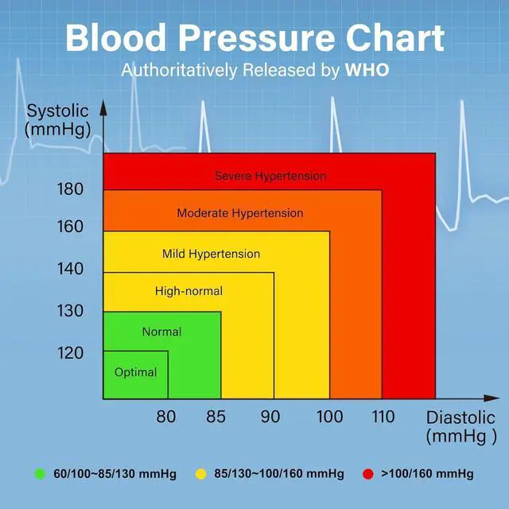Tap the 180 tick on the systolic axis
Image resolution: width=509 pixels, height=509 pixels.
pos(70,189)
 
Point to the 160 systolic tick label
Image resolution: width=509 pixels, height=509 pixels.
pos(70,227)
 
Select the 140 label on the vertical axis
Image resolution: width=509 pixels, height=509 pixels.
pos(70,269)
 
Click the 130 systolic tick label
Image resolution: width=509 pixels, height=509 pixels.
pos(70,311)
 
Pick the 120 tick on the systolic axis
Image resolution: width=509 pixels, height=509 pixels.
pos(70,352)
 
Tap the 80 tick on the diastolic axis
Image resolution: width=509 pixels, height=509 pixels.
pos(165,416)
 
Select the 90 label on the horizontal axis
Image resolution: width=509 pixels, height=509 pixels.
pos(270,416)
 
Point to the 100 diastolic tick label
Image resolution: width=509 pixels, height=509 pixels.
pos(329,416)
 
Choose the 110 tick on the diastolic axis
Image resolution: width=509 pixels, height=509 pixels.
pos(382,416)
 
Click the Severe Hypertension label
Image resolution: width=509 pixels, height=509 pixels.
pos(270,176)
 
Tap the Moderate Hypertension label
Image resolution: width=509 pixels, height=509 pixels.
pos(239,213)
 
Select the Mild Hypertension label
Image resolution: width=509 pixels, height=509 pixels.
pos(211,254)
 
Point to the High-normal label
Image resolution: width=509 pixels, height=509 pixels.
pos(188,292)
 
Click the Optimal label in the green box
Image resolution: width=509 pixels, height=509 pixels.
pos(135,372)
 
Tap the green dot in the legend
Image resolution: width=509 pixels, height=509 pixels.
pos(39,474)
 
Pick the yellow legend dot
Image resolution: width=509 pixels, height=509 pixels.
pos(200,474)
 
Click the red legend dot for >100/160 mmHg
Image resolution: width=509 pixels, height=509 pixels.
pos(367,474)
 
